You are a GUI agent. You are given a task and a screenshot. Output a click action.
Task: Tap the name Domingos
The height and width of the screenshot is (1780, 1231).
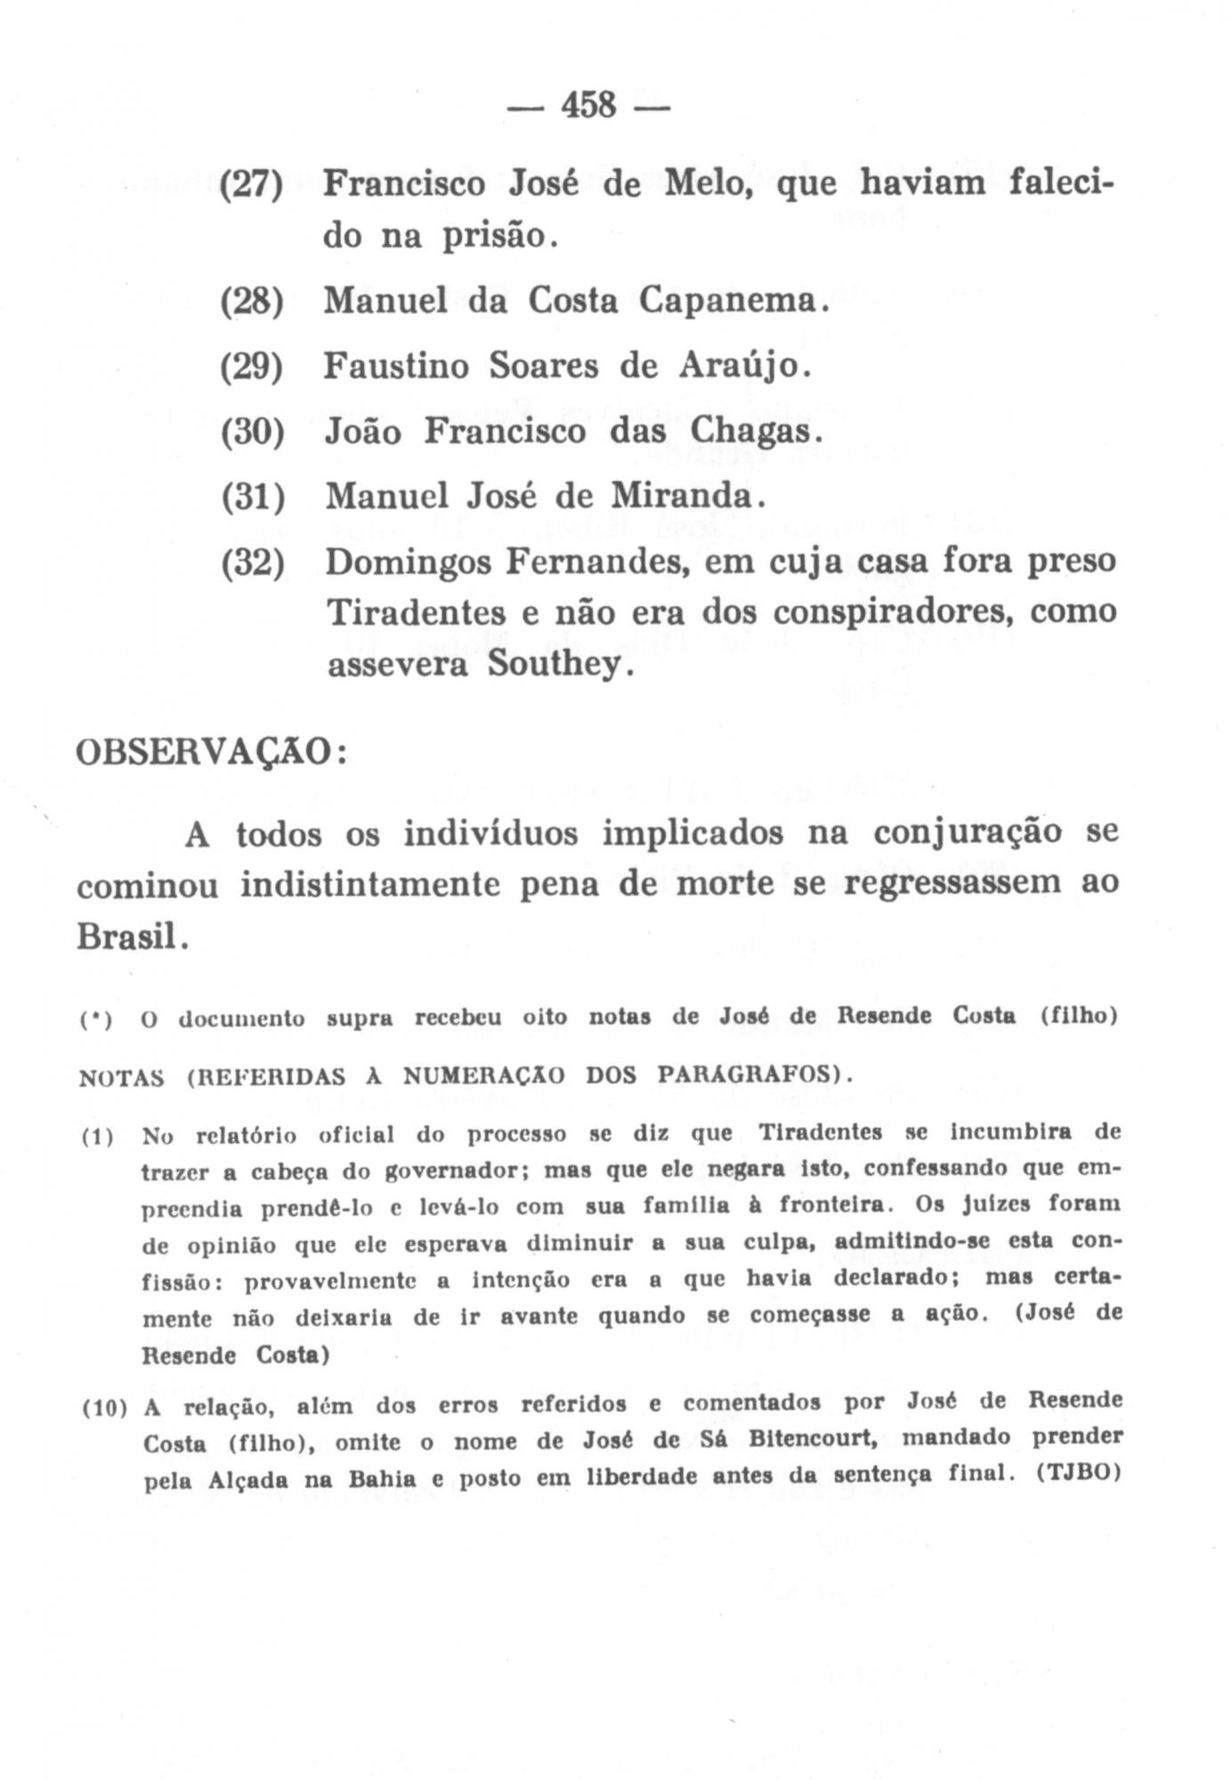[408, 562]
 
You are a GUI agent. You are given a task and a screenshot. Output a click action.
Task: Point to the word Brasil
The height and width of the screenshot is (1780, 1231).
[127, 935]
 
